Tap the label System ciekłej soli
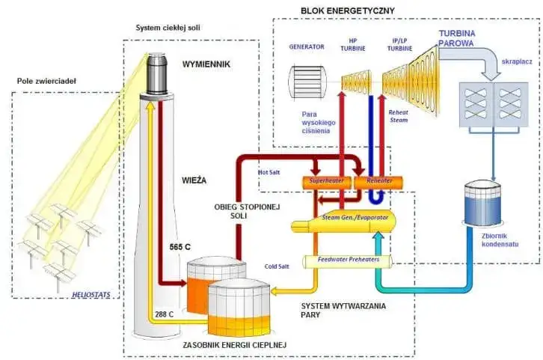168,28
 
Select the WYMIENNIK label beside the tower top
206,65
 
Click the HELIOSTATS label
92,295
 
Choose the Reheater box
378,182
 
